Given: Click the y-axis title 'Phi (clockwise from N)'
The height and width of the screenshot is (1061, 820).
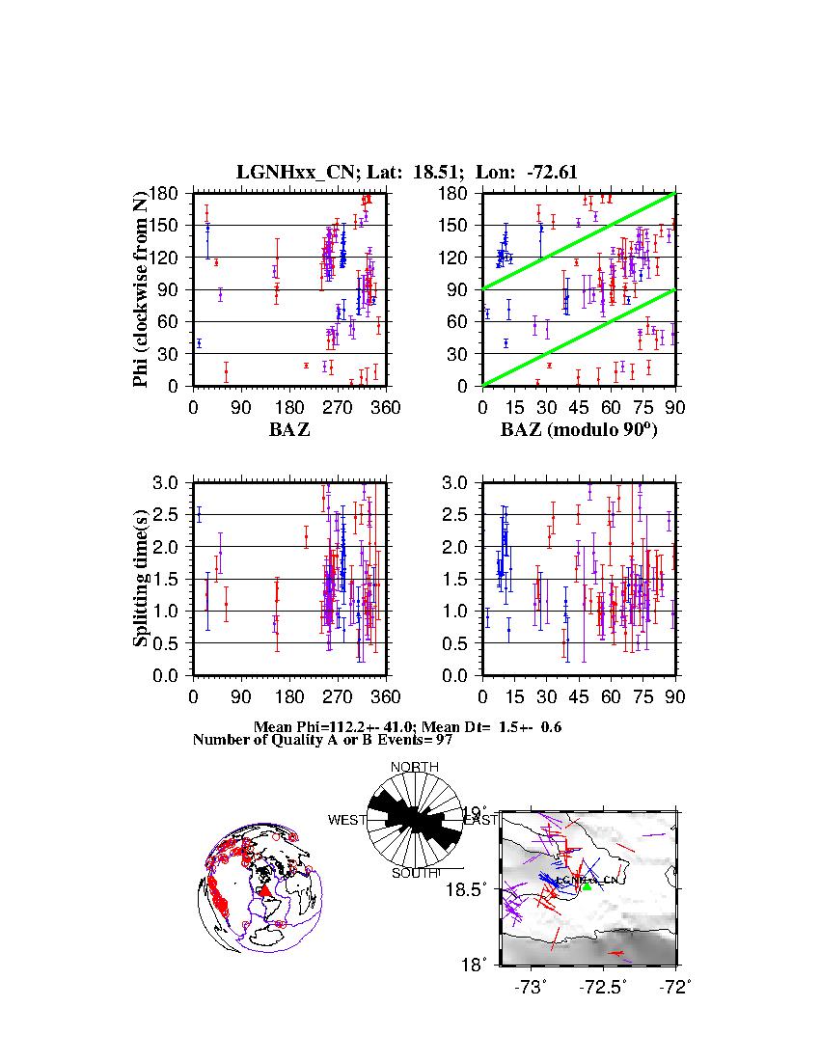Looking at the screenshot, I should pos(141,289).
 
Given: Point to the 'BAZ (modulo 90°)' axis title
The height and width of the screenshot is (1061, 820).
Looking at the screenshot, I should pos(579,430).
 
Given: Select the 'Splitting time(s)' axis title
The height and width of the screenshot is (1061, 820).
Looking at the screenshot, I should pos(141,578).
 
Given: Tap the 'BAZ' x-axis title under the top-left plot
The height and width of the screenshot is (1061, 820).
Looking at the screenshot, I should pos(289,430).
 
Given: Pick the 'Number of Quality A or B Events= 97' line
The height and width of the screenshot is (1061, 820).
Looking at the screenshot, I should pos(316,740).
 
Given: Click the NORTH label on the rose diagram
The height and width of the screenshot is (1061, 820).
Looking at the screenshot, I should pos(414,767).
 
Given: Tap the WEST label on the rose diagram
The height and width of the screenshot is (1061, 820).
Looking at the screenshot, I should pos(347,820).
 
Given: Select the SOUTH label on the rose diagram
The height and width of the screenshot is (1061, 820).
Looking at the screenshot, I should pos(415,873).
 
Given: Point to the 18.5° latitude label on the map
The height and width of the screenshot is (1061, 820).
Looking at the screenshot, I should pos(476,887).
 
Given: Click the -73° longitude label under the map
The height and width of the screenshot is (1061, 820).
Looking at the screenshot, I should pos(531,987).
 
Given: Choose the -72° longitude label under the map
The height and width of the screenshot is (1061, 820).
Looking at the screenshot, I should pos(672,987).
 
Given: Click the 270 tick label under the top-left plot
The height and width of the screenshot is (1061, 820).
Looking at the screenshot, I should pos(338,407).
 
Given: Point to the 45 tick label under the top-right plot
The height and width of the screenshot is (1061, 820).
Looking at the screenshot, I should pos(579,407).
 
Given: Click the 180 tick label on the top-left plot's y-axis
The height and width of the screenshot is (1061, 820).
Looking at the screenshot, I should pos(168,193).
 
